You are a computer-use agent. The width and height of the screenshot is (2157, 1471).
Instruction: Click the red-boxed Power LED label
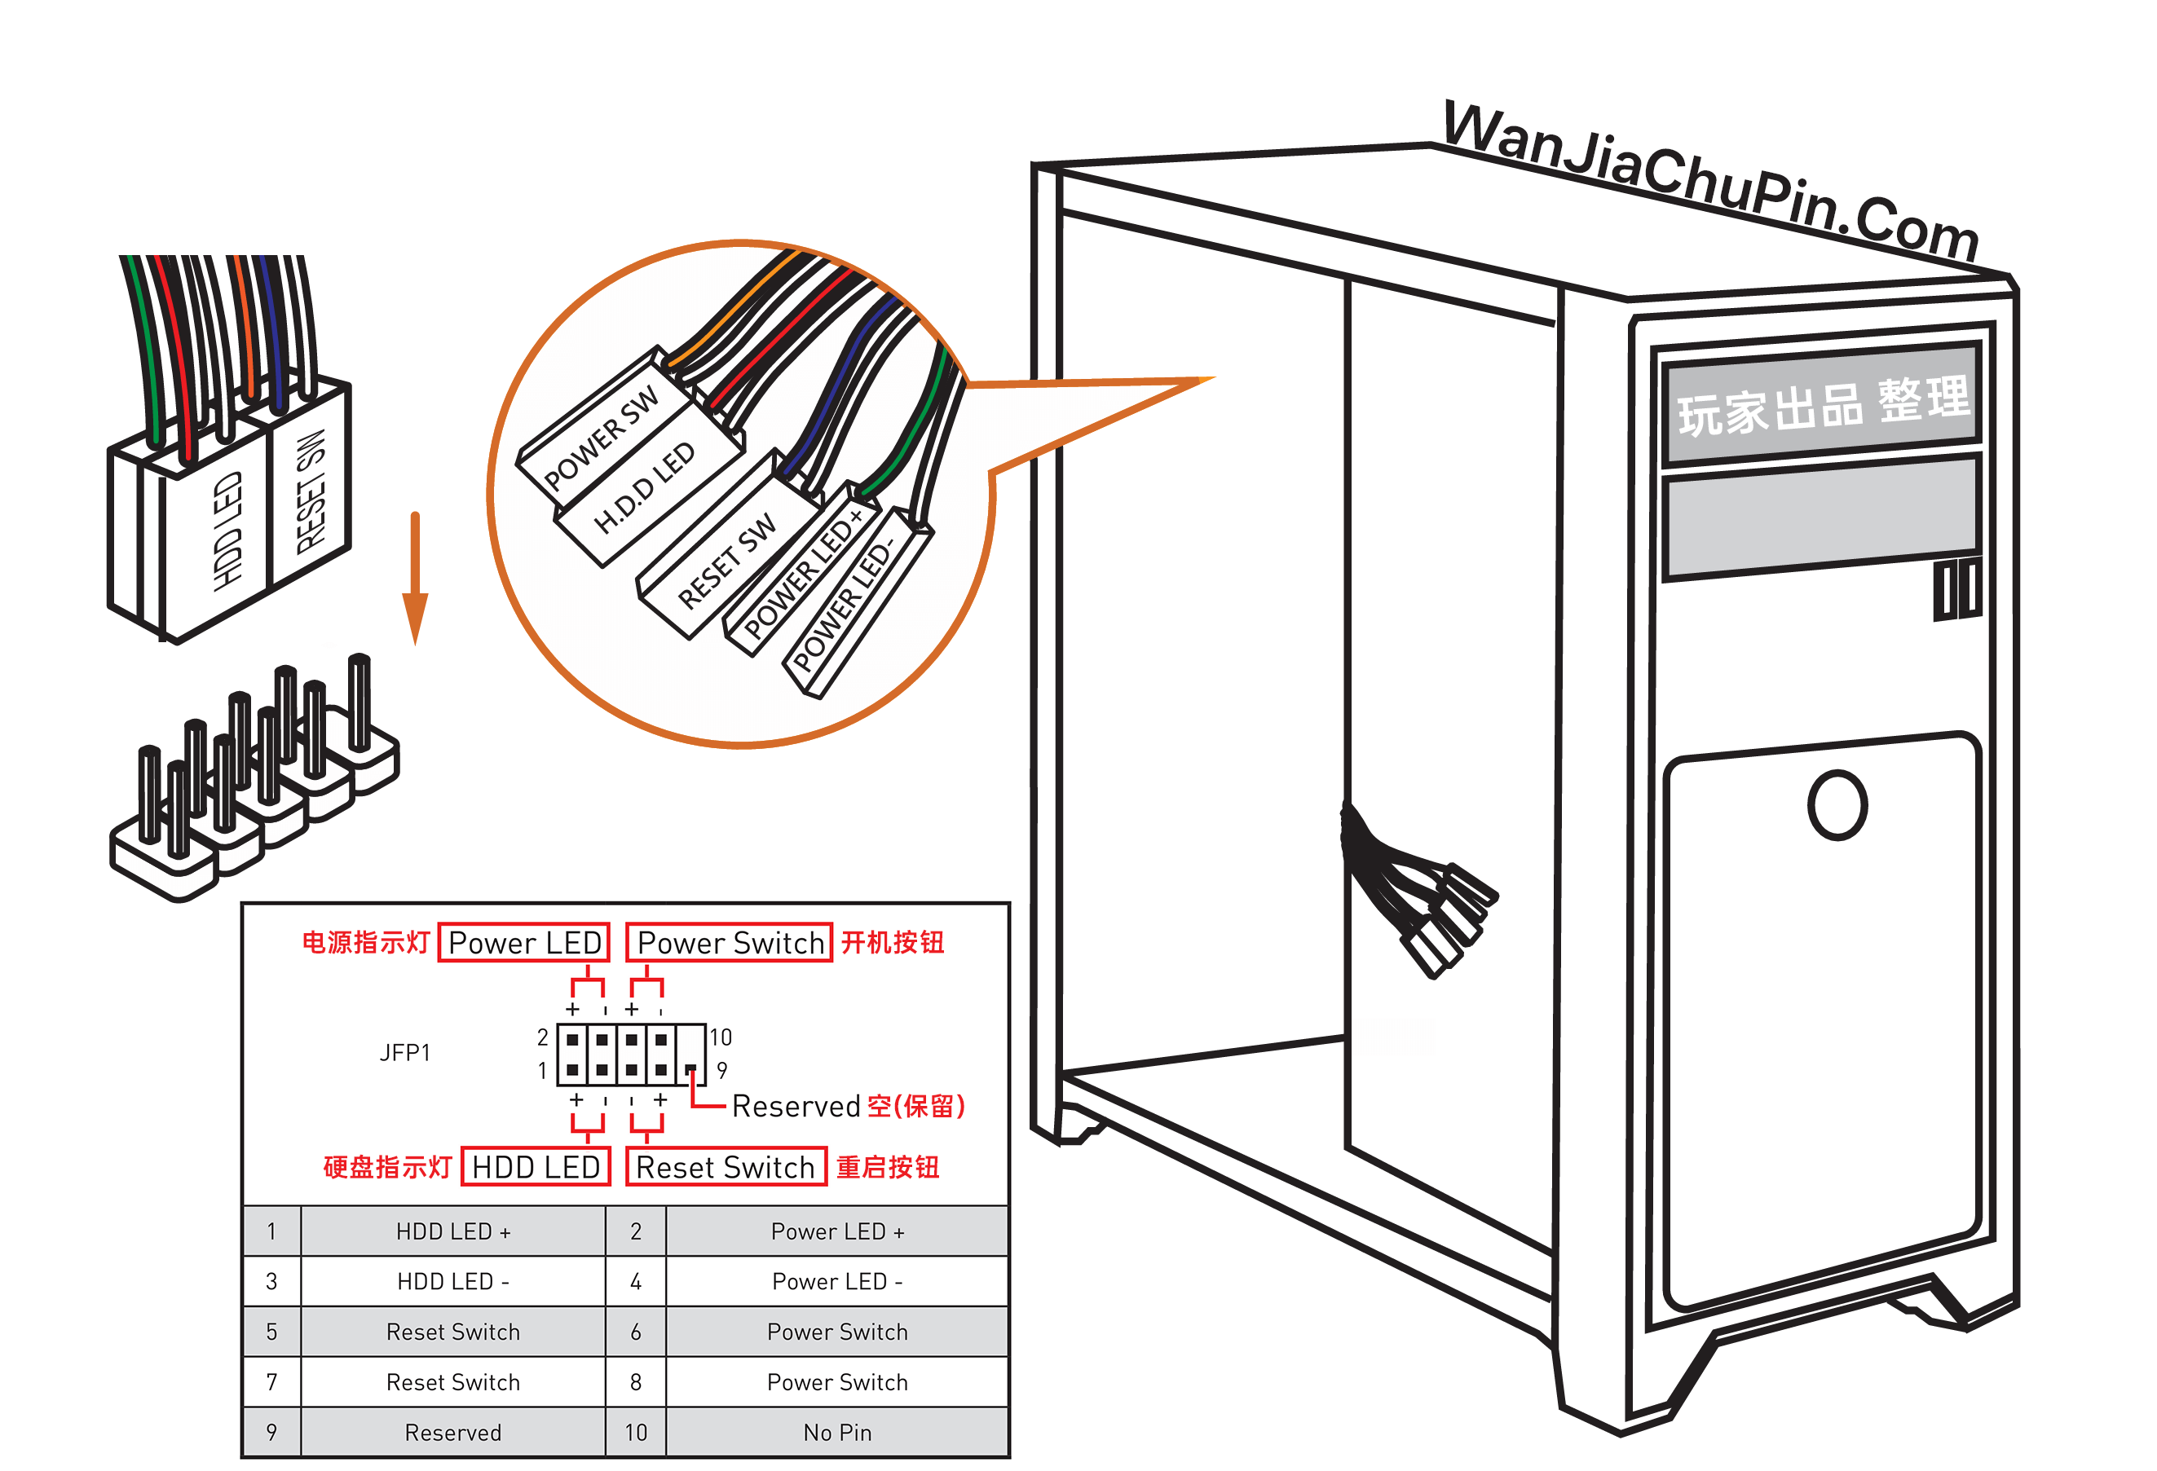pyautogui.click(x=523, y=943)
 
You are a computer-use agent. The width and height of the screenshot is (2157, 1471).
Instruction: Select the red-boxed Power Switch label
pyautogui.click(x=730, y=943)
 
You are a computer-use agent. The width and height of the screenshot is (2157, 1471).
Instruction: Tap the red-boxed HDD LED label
pyautogui.click(x=536, y=1166)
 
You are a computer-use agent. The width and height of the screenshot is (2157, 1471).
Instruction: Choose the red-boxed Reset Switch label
pyautogui.click(x=726, y=1166)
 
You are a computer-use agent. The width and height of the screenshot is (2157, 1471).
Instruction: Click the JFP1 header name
pyautogui.click(x=404, y=1052)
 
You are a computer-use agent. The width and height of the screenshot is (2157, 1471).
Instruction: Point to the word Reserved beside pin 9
pyautogui.click(x=796, y=1106)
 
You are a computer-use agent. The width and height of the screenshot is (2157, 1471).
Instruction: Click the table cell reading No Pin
pyautogui.click(x=837, y=1433)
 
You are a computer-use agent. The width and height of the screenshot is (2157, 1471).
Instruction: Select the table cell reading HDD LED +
pyautogui.click(x=453, y=1231)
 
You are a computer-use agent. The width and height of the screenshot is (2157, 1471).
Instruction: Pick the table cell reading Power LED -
pyautogui.click(x=837, y=1282)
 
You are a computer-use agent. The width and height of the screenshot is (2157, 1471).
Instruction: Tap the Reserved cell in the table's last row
pyautogui.click(x=453, y=1433)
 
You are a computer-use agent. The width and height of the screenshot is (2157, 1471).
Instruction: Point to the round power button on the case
pyautogui.click(x=1837, y=804)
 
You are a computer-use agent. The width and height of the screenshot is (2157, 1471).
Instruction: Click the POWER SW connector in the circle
pyautogui.click(x=602, y=436)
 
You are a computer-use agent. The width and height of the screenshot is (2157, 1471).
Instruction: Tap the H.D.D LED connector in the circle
pyautogui.click(x=645, y=487)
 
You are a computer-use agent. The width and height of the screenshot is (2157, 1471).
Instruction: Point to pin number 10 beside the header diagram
pyautogui.click(x=721, y=1037)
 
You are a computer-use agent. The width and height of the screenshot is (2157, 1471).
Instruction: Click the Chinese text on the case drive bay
pyautogui.click(x=1822, y=406)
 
